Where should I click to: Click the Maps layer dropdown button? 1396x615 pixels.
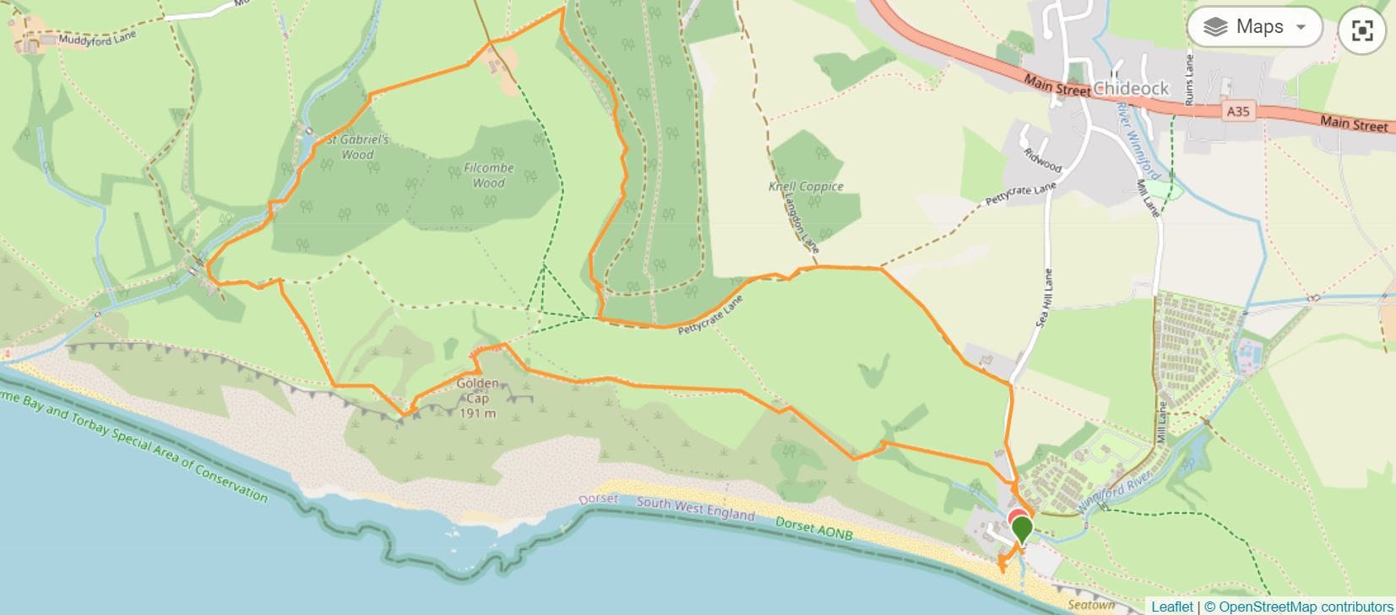[x=1254, y=28]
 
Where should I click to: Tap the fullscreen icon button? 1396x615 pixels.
[x=1362, y=31]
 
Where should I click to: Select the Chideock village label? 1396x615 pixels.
[x=1131, y=89]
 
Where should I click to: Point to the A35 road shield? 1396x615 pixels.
[x=1237, y=111]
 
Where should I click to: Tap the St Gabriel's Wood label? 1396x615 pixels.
[x=357, y=147]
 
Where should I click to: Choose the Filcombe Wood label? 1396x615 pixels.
[x=488, y=175]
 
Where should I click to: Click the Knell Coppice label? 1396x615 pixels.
[x=806, y=187]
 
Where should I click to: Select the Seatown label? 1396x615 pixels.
[x=1091, y=605]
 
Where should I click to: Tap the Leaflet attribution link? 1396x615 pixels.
[x=1171, y=607]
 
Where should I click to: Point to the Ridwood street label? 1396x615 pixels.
[x=1042, y=161]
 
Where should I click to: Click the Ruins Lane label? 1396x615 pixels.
[x=1189, y=79]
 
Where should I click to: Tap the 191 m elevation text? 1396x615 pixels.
[x=477, y=413]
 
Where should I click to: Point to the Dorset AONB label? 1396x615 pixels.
[x=815, y=528]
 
